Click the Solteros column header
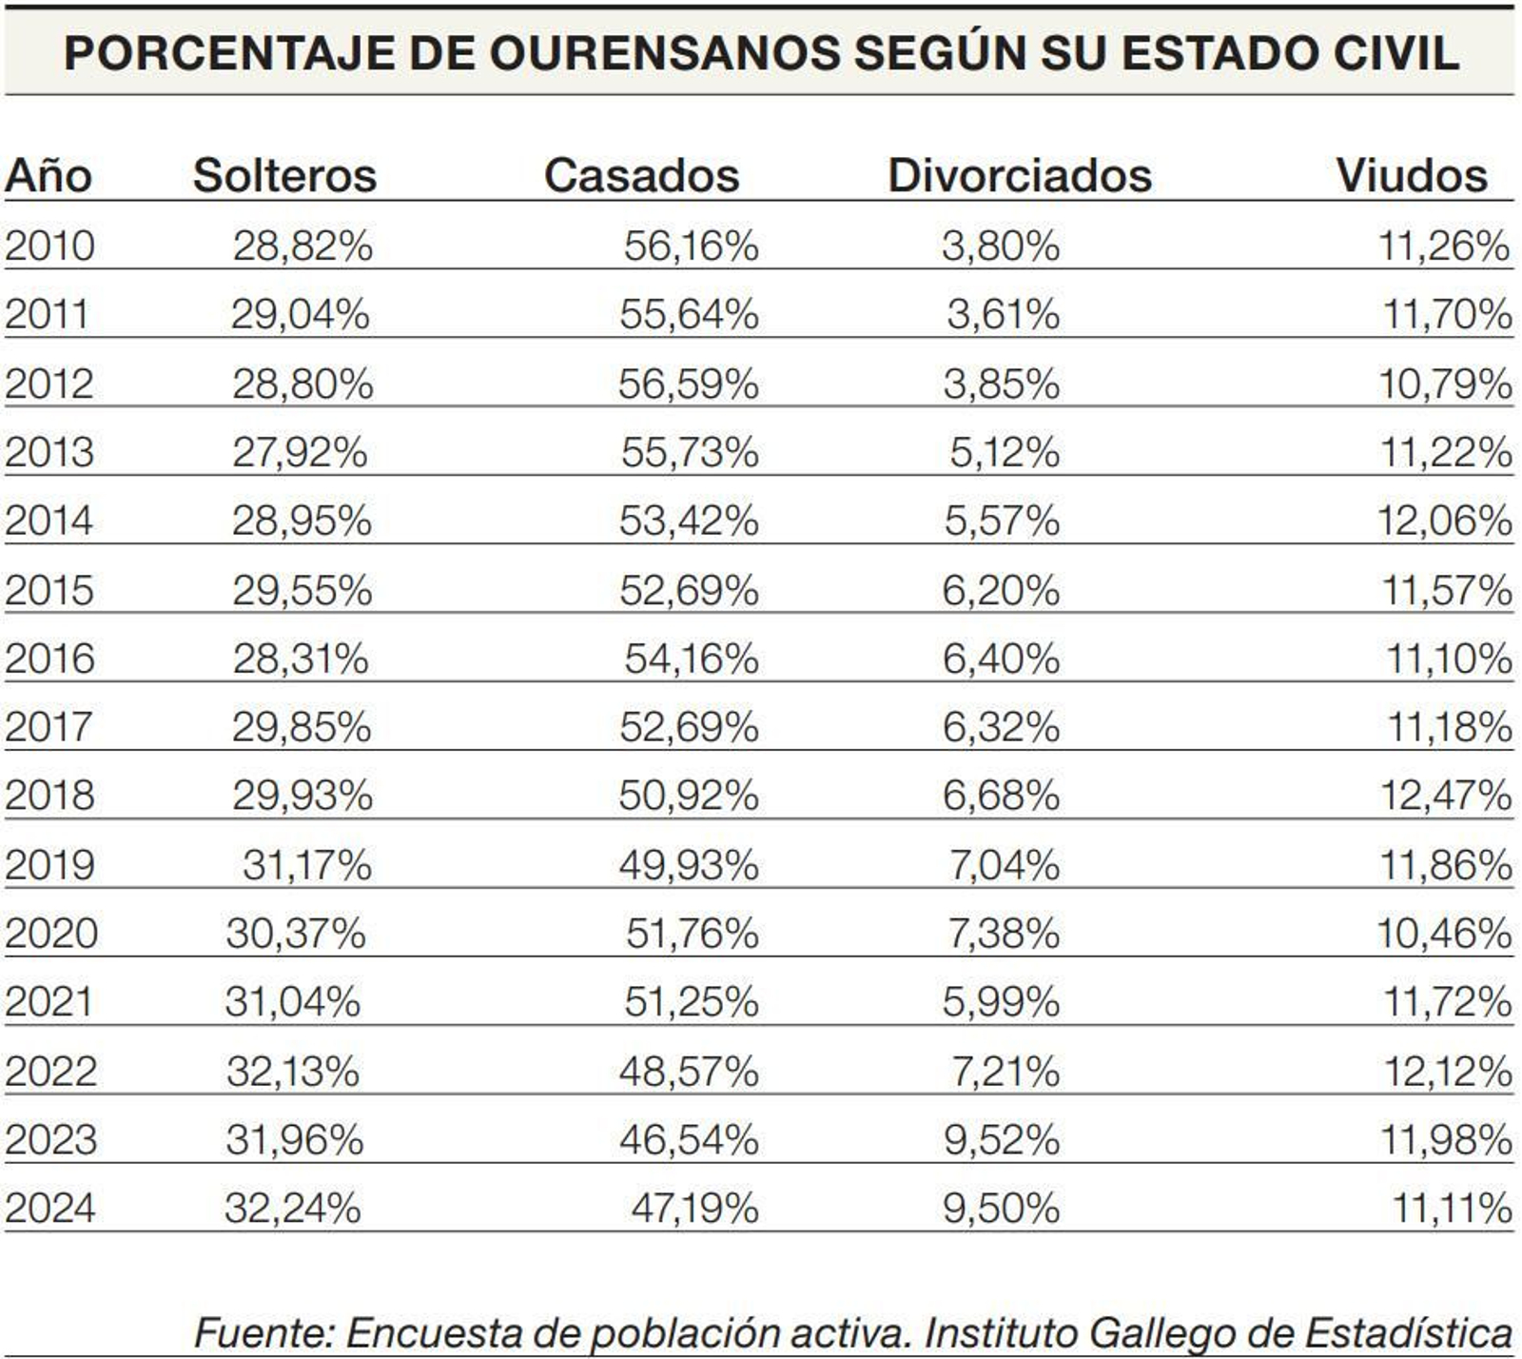click(284, 176)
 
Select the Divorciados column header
click(1019, 176)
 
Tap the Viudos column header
click(1411, 176)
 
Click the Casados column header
click(641, 176)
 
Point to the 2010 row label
click(49, 246)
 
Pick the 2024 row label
click(50, 1209)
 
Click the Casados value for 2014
click(689, 521)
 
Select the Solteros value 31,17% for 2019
click(306, 865)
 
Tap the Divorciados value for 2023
click(1001, 1140)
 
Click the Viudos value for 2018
click(1445, 796)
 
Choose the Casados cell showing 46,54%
click(689, 1140)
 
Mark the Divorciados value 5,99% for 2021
click(1001, 1002)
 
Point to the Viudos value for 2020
click(1444, 934)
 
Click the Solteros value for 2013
click(300, 452)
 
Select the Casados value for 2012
click(688, 384)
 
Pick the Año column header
click(48, 176)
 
